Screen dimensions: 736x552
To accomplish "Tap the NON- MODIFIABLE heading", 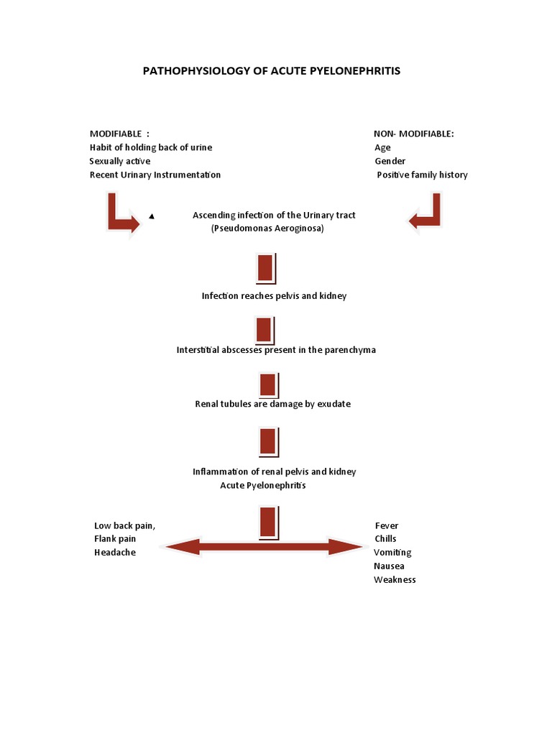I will point(413,134).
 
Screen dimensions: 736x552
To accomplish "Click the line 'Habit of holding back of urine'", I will point(150,147).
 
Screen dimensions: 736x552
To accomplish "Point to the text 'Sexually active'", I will point(119,161).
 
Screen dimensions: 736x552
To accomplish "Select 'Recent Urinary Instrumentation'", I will point(155,175).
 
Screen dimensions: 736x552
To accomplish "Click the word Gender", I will point(390,161).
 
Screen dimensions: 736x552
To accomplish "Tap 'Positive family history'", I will point(422,175).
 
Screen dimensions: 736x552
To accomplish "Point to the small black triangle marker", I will point(151,216).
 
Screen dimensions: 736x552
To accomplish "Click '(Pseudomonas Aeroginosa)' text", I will point(267,229).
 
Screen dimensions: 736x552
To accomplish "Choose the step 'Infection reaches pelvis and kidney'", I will point(274,296).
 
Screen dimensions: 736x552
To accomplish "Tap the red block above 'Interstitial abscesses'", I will point(264,330).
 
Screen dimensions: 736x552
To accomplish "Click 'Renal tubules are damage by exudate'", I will point(272,404).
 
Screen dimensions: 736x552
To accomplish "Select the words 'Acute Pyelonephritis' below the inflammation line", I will point(263,485).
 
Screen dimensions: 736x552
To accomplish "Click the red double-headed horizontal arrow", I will point(264,548).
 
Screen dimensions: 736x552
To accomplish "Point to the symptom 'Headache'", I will point(114,552).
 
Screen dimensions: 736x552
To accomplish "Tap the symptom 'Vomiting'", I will point(392,552).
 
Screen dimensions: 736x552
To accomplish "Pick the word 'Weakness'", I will point(395,579).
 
